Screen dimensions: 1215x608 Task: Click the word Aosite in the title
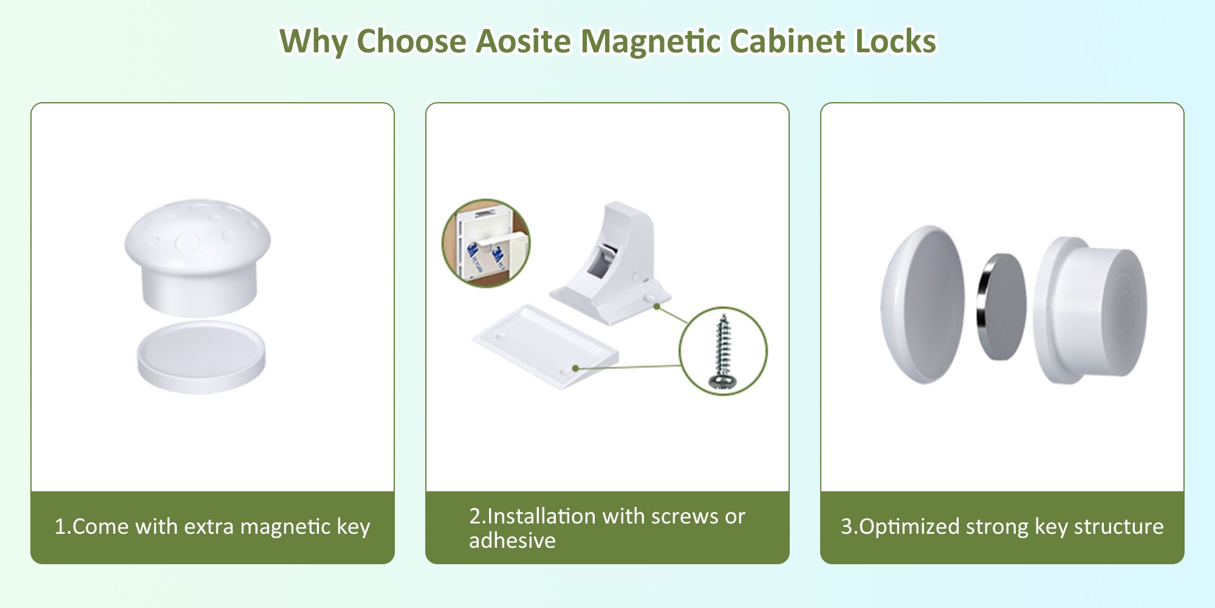tap(523, 41)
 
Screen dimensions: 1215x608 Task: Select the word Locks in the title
tap(895, 41)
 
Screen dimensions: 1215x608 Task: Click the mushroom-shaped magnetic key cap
tap(197, 257)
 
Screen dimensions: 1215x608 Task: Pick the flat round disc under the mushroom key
tap(201, 357)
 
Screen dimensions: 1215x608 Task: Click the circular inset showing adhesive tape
tap(485, 243)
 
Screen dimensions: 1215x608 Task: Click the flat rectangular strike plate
tap(546, 346)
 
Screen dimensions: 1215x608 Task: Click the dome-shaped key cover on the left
tap(922, 305)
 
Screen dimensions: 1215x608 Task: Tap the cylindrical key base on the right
tap(1090, 310)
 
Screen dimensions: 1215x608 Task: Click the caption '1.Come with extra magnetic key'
tap(212, 527)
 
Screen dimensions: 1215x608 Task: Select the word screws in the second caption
tap(685, 516)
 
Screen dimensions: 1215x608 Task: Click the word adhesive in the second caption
tap(512, 540)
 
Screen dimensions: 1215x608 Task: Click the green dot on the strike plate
tap(575, 368)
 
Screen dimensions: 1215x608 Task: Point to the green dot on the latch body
tap(657, 306)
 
